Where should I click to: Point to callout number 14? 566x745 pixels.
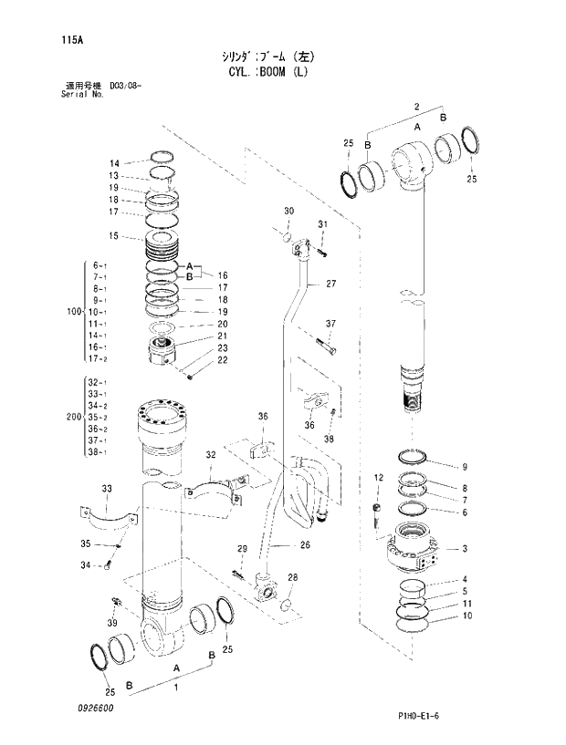pyautogui.click(x=114, y=163)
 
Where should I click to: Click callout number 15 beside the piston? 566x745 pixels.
pyautogui.click(x=114, y=236)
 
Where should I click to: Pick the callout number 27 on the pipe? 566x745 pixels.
pyautogui.click(x=330, y=284)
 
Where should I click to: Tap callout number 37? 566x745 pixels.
pyautogui.click(x=330, y=324)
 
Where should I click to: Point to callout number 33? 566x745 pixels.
pyautogui.click(x=107, y=490)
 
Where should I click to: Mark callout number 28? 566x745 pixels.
pyautogui.click(x=293, y=578)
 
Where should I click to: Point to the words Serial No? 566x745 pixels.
pyautogui.click(x=77, y=94)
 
